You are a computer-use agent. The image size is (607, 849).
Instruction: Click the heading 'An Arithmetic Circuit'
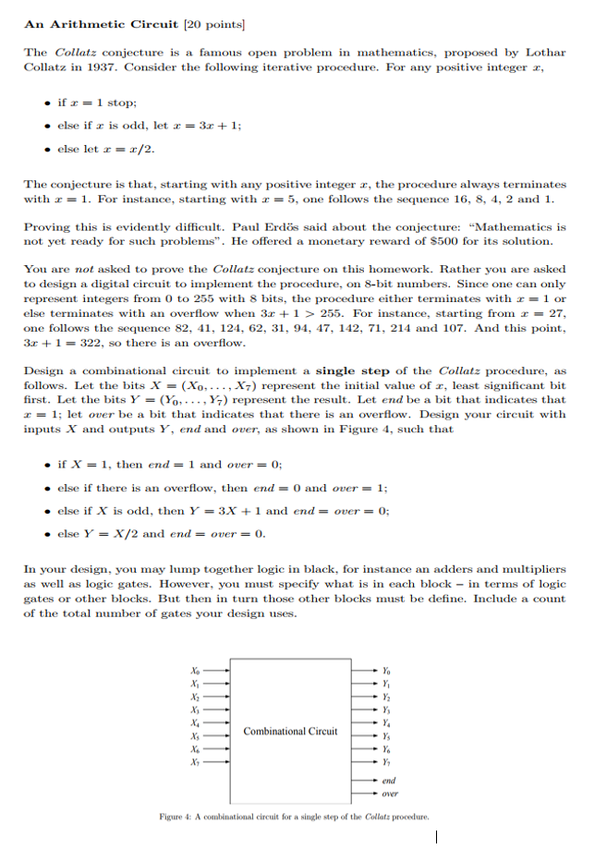(91, 23)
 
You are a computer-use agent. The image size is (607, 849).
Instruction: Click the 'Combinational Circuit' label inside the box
(290, 731)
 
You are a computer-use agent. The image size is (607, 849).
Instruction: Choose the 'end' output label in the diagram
(389, 780)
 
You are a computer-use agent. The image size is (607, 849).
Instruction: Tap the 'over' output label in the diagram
(390, 794)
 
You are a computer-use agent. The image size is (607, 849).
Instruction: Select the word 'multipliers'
(533, 569)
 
